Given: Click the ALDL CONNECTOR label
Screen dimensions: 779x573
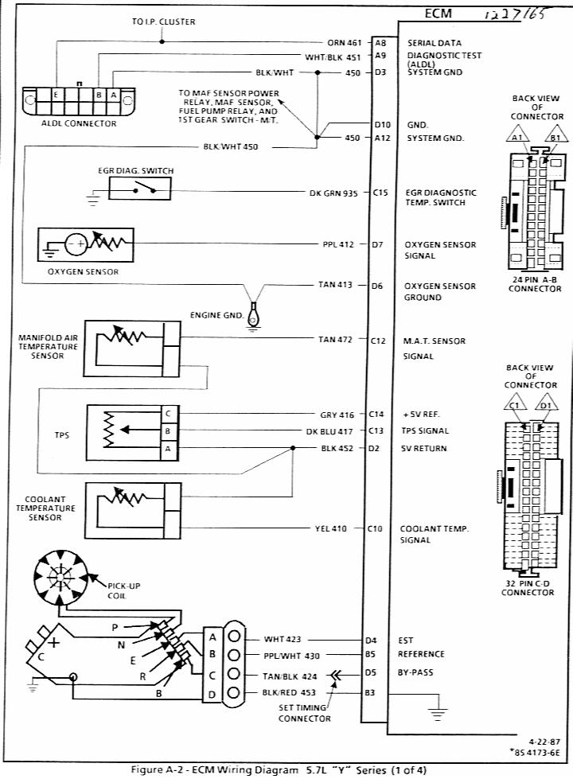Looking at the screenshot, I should coord(79,123).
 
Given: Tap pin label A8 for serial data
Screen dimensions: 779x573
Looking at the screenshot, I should coord(380,43).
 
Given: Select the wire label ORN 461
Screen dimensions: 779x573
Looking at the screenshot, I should coord(344,43).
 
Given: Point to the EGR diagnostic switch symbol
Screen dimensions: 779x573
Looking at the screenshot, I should coord(139,189).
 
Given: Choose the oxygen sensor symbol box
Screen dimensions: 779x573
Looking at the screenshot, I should coord(86,245).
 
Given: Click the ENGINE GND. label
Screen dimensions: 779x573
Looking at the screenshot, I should coord(216,315).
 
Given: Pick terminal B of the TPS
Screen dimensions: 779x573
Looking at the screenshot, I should coord(168,431).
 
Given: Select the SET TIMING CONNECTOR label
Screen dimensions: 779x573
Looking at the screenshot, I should coord(304,712).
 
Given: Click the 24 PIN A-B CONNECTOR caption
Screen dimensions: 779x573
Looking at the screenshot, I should coord(535,283).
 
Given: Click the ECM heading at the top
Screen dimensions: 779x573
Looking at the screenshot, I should coord(439,14).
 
